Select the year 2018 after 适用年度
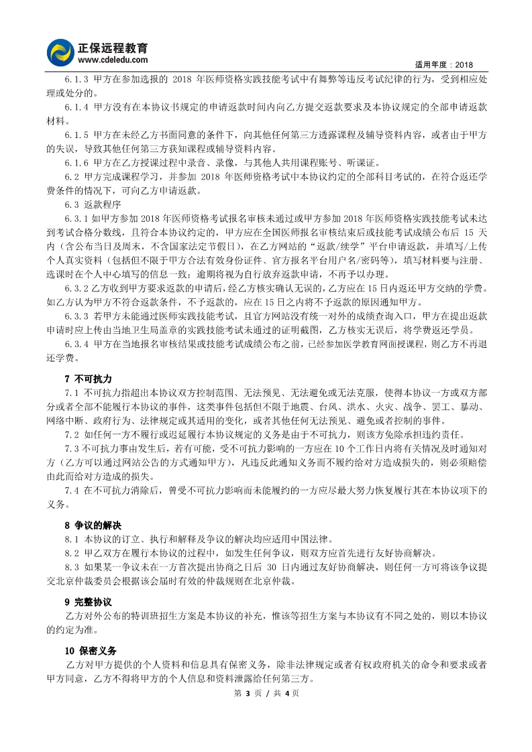point(464,64)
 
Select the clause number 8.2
point(72,553)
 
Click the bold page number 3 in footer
point(246,693)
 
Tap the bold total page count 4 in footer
point(286,693)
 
